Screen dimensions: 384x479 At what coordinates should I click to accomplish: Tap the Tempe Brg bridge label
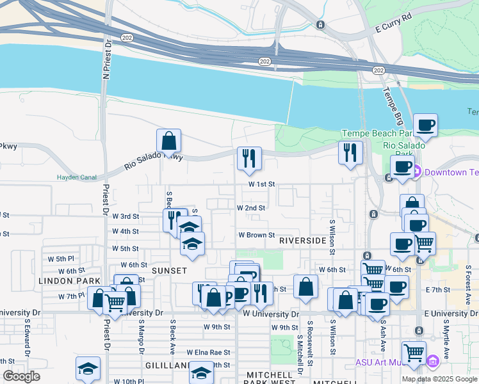391,99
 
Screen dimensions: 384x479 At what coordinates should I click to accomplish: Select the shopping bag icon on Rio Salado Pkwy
168,140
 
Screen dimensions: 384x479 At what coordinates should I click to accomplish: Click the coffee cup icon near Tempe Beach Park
425,125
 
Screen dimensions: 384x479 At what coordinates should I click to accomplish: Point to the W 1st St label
262,184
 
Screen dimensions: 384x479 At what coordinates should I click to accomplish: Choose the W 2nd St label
251,208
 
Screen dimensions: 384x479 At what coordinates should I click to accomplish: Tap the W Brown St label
256,236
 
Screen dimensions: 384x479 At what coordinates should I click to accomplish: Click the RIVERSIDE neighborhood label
303,241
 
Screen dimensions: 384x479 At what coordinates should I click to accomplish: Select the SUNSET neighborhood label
169,271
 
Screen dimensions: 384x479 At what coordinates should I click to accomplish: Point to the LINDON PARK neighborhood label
70,281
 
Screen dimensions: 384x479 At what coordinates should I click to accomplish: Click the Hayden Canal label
76,177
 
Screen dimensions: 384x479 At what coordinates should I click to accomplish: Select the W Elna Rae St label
208,352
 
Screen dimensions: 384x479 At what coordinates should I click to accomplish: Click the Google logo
20,376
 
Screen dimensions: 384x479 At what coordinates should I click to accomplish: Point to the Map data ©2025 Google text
439,379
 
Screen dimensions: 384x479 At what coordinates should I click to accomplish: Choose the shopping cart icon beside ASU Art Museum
414,352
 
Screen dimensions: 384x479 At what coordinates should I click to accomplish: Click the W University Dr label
271,314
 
